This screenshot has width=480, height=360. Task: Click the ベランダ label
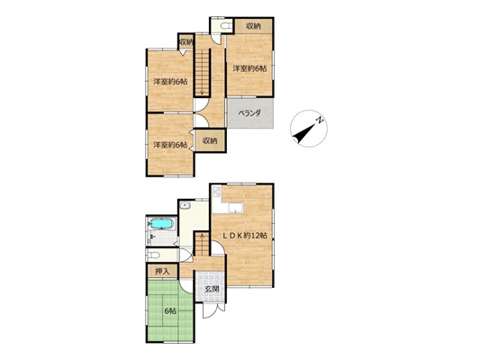point(249,112)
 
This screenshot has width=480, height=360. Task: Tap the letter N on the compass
point(320,120)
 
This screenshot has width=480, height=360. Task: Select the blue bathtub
point(162,224)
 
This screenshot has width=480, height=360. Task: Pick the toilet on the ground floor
point(154,255)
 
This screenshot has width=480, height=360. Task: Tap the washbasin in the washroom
point(186,205)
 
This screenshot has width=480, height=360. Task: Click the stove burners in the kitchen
point(217,192)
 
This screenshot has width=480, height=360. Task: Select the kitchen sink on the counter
point(235,208)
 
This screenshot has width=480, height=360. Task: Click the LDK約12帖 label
point(245,235)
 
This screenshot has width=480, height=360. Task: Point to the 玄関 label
point(212,289)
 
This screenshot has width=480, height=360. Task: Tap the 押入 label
point(162,271)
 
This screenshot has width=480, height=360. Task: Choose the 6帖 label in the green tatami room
point(170,311)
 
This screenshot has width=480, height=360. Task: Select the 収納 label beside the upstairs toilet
point(254,26)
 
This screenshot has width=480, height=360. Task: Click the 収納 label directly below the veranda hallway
point(210,140)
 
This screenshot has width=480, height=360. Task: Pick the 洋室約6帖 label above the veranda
point(249,68)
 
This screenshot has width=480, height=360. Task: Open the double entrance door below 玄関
point(214,310)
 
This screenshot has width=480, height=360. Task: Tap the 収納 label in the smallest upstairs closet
point(186,42)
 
